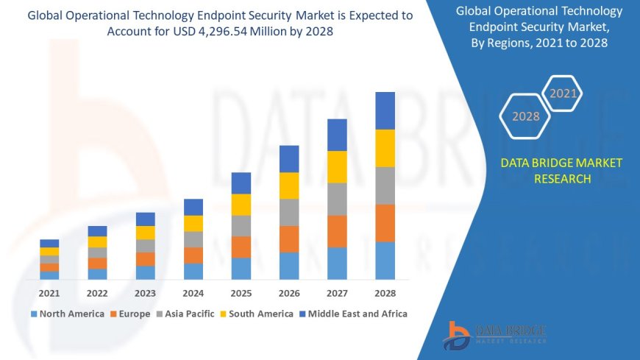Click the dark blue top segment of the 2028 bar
click(385, 110)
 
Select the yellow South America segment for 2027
click(337, 166)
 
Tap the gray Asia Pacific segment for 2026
click(289, 212)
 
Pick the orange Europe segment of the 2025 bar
click(241, 247)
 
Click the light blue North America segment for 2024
click(193, 271)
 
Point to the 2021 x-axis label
click(49, 293)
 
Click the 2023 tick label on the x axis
click(145, 293)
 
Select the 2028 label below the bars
click(385, 293)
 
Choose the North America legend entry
click(67, 314)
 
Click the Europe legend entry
click(130, 314)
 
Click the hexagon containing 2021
click(563, 93)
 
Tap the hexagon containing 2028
click(525, 116)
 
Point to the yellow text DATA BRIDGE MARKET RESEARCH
click(561, 171)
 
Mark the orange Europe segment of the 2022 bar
click(97, 263)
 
